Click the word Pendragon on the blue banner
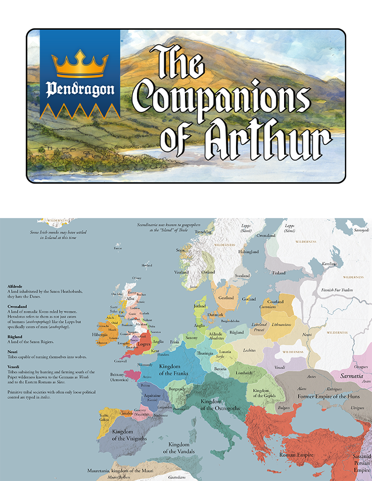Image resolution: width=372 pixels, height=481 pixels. coord(80,90)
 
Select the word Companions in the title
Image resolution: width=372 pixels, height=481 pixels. coord(223,96)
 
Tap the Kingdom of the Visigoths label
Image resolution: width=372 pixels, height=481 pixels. coord(129,435)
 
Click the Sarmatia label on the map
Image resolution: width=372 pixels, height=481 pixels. coord(345,376)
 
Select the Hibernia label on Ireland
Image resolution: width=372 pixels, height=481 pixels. coord(101,335)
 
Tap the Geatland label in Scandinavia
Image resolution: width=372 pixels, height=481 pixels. coord(226,298)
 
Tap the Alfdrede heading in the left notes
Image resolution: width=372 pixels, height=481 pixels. coord(16,286)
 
